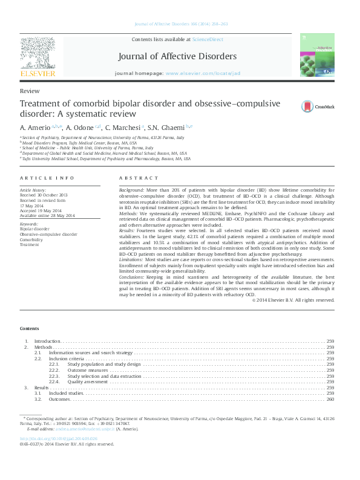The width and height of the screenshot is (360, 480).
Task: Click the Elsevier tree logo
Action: (x=38, y=54)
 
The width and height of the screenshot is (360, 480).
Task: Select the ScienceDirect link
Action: (x=208, y=39)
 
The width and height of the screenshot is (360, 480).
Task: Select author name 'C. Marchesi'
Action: (x=123, y=128)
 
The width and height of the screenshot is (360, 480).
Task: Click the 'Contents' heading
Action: (x=29, y=328)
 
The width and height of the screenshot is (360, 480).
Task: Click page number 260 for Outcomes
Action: (x=330, y=399)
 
